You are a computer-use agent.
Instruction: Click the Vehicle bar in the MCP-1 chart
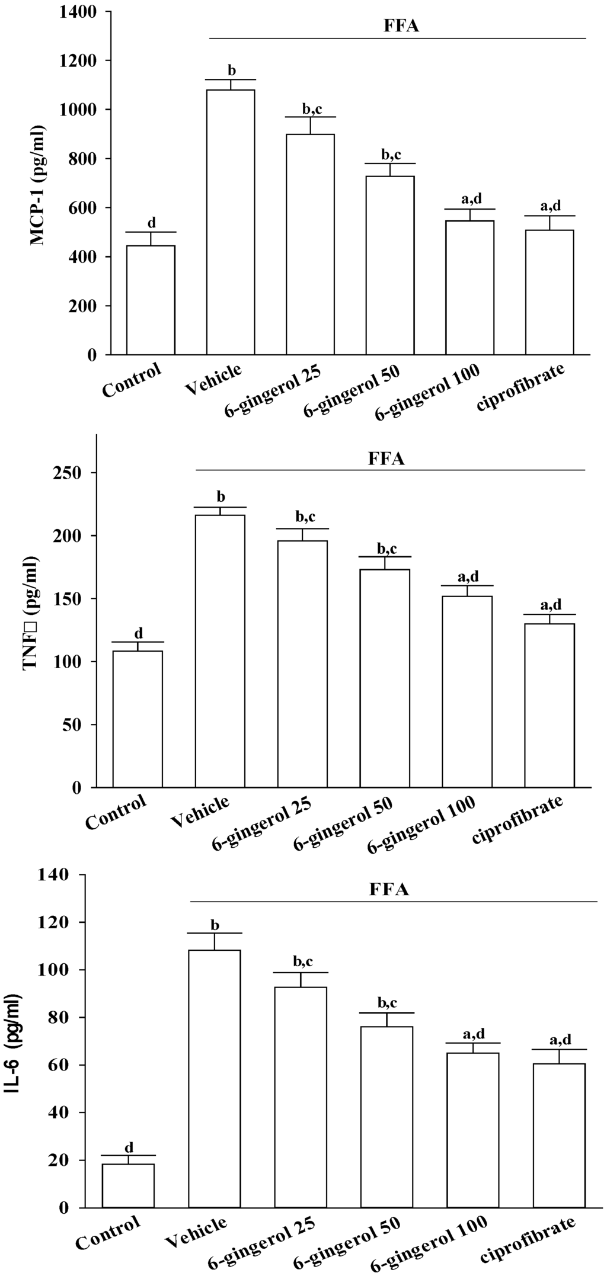tap(231, 222)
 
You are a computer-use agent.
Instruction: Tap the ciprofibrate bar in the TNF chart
tap(550, 705)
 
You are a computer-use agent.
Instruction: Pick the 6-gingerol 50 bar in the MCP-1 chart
tap(390, 265)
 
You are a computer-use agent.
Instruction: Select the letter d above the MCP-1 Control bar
tap(151, 223)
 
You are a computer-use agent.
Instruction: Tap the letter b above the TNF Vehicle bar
tap(221, 496)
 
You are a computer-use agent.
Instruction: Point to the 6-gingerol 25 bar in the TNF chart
tap(302, 663)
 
